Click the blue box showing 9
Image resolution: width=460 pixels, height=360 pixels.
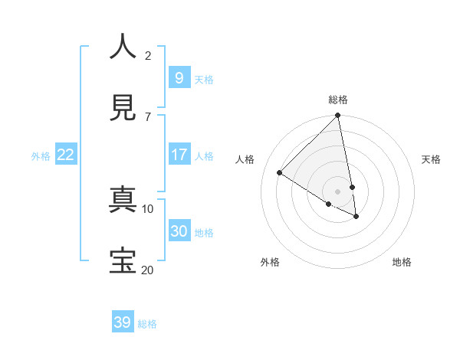(x=179, y=77)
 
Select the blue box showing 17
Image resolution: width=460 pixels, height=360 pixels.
(x=179, y=155)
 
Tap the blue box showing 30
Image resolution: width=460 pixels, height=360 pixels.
(x=179, y=231)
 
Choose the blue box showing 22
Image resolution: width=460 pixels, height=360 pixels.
(x=66, y=155)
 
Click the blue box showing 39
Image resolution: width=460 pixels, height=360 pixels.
(x=123, y=322)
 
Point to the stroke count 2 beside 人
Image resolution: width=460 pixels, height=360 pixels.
(x=148, y=55)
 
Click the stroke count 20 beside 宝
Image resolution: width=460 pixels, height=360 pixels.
(x=147, y=269)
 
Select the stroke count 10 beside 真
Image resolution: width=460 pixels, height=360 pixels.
(x=147, y=208)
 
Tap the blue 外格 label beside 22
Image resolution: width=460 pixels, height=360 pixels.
(x=41, y=156)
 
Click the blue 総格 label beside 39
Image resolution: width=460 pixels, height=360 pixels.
(x=147, y=324)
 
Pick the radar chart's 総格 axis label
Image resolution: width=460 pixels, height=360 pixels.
(x=337, y=100)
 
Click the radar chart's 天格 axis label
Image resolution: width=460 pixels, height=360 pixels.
(x=431, y=159)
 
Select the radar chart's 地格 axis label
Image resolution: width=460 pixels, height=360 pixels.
(x=402, y=262)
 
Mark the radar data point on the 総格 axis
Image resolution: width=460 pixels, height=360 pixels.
(x=337, y=116)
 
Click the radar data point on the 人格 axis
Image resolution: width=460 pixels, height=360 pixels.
(x=280, y=172)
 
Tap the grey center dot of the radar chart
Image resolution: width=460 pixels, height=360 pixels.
(x=337, y=191)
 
